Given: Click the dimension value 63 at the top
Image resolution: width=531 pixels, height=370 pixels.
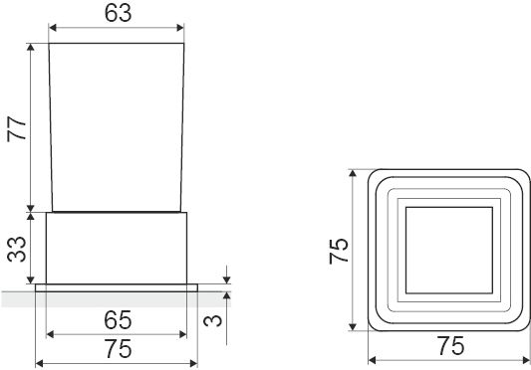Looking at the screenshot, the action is tap(118, 13).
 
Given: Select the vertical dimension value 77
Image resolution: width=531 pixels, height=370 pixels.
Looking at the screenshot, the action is tap(17, 128).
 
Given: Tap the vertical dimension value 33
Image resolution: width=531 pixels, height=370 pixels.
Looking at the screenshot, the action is tap(17, 250).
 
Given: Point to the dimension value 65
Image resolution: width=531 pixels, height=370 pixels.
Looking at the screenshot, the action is tap(118, 320).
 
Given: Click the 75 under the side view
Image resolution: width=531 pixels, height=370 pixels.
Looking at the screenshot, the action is tap(119, 349).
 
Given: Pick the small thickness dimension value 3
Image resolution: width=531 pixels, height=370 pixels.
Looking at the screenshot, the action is tap(213, 320).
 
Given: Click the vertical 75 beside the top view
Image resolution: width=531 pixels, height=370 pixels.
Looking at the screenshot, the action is tap(339, 251).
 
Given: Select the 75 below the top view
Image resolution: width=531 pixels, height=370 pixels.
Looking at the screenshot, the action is tap(450, 346).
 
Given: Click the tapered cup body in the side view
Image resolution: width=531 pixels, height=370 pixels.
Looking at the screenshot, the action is tap(117, 127).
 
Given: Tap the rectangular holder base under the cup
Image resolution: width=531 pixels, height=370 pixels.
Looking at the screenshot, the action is tap(117, 249).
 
